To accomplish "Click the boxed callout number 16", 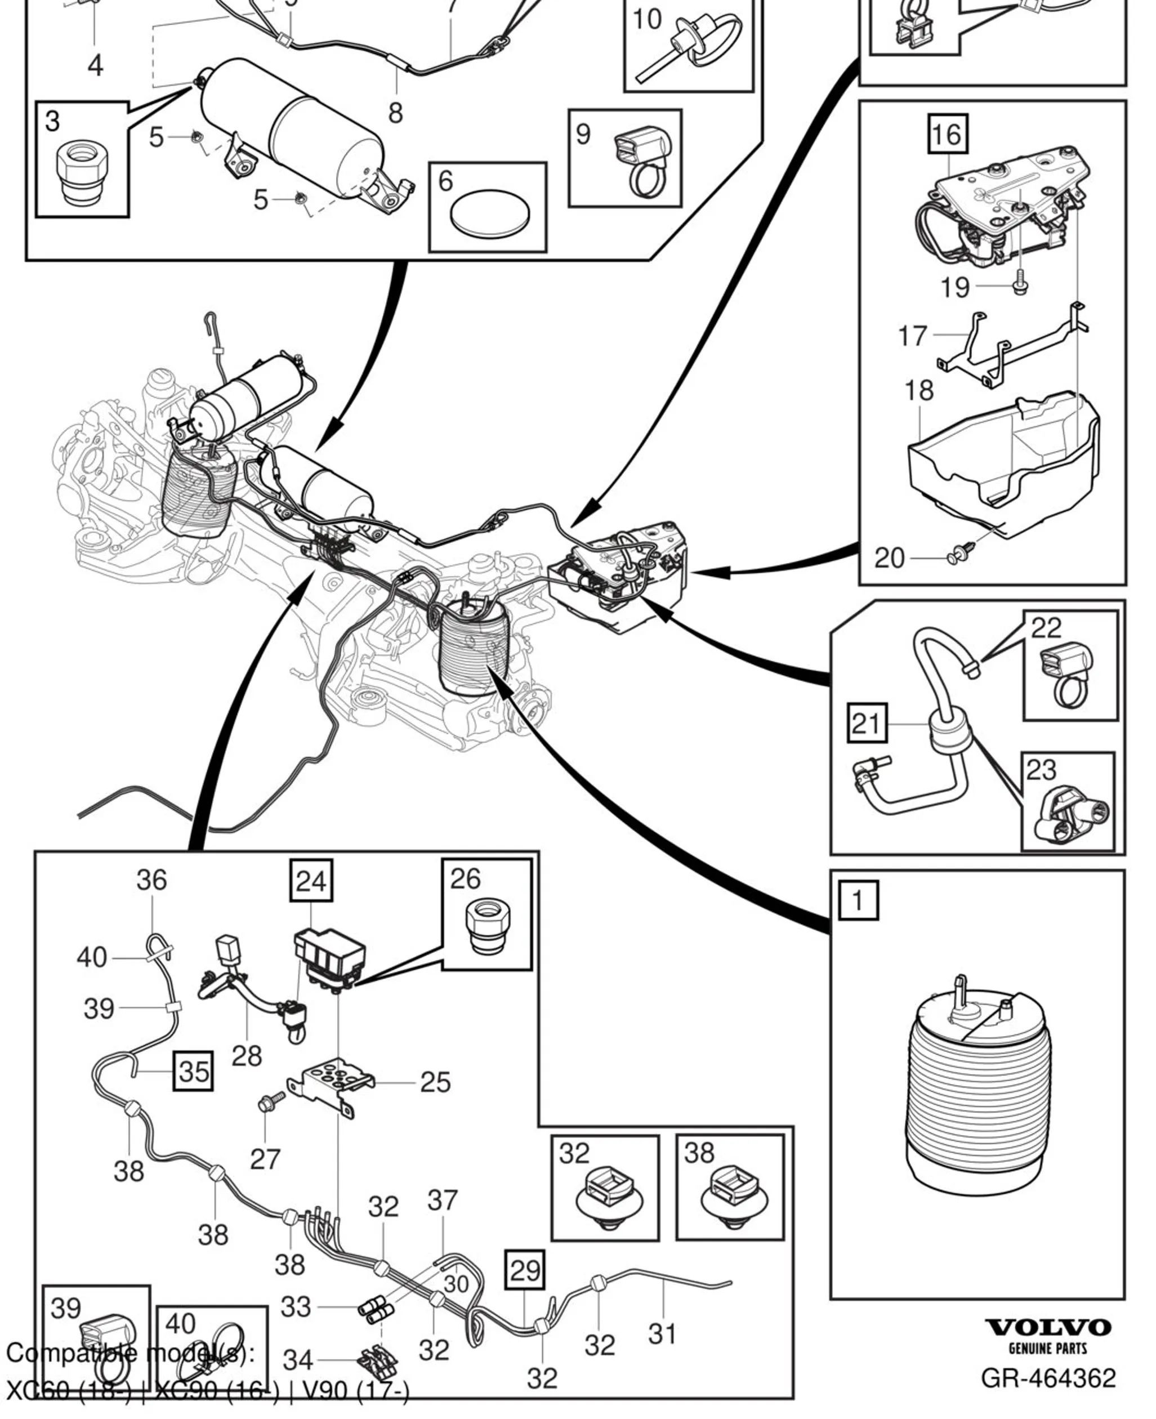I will pos(948,135).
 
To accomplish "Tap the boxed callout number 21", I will pos(867,723).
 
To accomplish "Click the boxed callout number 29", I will pos(525,1270).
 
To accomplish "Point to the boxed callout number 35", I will pos(194,1071).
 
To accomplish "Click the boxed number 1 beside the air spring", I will pos(858,900).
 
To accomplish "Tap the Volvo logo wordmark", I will pos(1048,1327).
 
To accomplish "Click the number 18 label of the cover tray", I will pos(919,391).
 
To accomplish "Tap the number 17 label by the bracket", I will pos(912,336).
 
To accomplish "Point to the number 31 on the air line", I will pos(663,1334).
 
